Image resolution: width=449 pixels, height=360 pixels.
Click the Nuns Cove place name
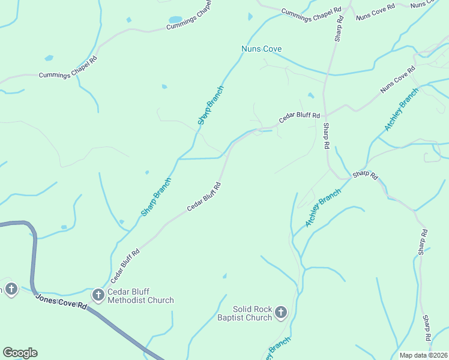261,49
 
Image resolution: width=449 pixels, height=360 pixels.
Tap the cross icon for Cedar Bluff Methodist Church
98,295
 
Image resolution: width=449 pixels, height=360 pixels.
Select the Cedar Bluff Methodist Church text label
140,296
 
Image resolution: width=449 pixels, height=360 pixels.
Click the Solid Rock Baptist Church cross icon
281,312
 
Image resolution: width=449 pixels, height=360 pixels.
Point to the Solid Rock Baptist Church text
244,313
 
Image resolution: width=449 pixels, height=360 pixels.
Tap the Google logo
20,353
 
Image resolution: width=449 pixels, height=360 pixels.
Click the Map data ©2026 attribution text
424,355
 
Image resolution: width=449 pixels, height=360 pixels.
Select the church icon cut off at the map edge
11,289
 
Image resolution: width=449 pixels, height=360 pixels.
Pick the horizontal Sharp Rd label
365,175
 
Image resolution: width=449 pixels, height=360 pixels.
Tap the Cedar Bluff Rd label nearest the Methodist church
125,266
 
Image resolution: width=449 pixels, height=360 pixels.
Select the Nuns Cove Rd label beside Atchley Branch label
397,80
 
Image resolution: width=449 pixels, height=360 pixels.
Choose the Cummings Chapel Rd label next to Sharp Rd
311,14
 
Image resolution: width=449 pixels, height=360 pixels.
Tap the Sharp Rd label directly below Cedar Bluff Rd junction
326,136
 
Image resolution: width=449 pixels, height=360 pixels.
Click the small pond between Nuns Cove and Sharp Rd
310,95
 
